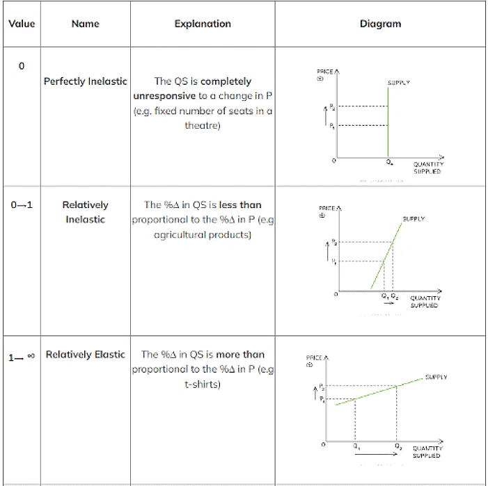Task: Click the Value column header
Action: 21,24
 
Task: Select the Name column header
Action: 85,24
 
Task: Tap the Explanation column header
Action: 203,24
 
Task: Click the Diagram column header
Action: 380,24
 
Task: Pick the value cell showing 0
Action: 21,66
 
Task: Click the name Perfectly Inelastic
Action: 85,81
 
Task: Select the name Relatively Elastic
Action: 85,355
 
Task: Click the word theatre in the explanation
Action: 203,126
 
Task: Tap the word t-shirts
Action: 203,384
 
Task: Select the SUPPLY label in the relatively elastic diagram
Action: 436,378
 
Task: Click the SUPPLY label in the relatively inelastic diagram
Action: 414,219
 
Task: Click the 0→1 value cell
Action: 21,205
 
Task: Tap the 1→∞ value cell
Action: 21,355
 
